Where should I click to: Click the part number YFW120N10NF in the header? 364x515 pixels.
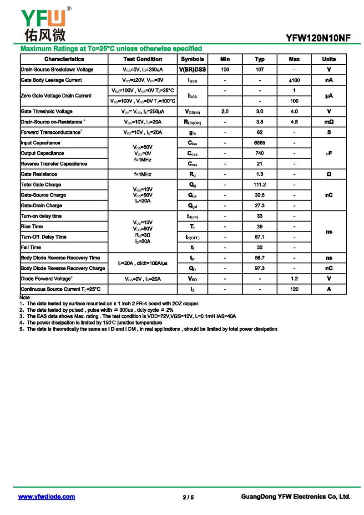[x=318, y=38]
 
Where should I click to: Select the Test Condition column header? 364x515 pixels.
[x=142, y=59]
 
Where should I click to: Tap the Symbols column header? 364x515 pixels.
[x=192, y=59]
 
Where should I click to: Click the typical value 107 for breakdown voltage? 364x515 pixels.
[x=259, y=70]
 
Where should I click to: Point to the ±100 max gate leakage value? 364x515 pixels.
[x=294, y=80]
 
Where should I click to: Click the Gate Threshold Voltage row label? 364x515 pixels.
[x=46, y=112]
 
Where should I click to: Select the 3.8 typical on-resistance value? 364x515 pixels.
[x=259, y=122]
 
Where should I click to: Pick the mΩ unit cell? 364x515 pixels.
[x=329, y=122]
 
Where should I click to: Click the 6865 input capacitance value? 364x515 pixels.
[x=259, y=143]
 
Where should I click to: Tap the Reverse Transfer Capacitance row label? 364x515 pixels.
[x=54, y=164]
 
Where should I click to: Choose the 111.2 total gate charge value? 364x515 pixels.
[x=259, y=185]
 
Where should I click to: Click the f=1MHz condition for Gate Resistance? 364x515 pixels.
[x=142, y=175]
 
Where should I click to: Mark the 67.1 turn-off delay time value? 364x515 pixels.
[x=259, y=237]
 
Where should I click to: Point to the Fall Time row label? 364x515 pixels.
[x=31, y=247]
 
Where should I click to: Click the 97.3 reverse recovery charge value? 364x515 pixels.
[x=259, y=268]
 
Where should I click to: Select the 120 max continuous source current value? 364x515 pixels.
[x=294, y=289]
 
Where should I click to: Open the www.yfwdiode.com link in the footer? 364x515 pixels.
[x=46, y=497]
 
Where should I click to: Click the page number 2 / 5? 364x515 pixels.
[x=188, y=497]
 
